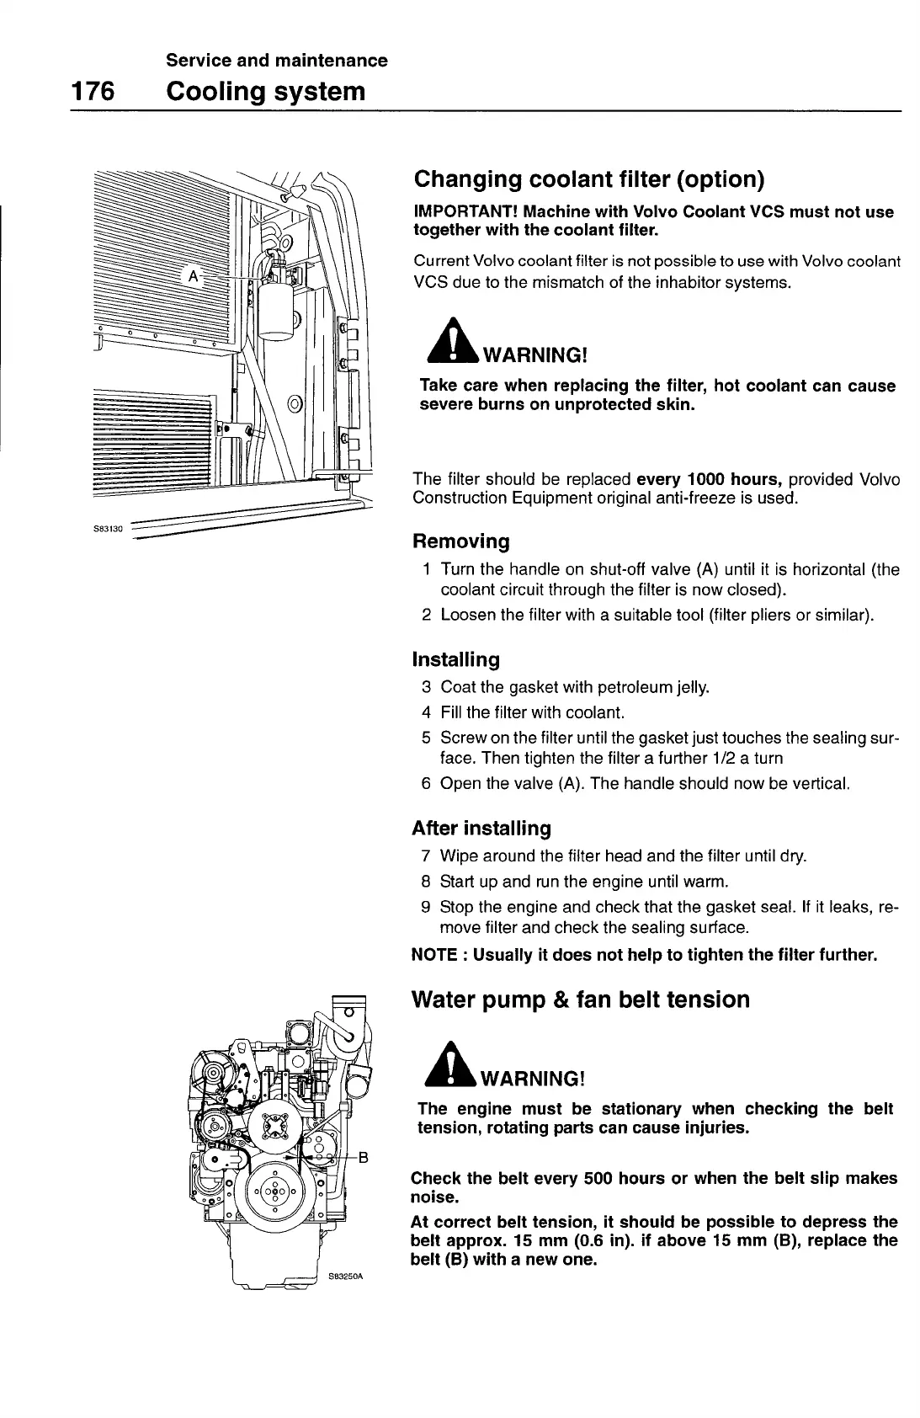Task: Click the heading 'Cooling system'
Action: click(267, 91)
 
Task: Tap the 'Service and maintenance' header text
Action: click(277, 61)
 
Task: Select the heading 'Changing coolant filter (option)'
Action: click(588, 179)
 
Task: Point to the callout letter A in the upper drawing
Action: click(194, 276)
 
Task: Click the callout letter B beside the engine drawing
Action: click(364, 1156)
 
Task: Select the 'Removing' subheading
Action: click(460, 541)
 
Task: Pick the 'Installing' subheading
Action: click(455, 658)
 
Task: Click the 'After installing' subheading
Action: click(481, 828)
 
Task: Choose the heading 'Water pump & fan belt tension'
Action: click(580, 1000)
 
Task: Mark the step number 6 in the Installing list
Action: click(426, 784)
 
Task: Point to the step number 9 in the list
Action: click(426, 909)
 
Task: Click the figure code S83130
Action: click(109, 529)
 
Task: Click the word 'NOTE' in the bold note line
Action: click(432, 955)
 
